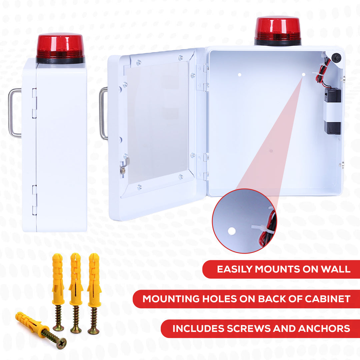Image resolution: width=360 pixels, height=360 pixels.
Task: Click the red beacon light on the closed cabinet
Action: point(60,47)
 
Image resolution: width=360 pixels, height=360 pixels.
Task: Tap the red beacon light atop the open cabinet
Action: point(278,29)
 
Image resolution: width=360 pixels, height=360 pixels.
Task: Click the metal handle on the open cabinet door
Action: point(103,113)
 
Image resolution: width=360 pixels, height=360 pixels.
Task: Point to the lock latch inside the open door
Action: point(124,166)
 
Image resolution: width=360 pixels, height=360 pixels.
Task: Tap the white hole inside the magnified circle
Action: point(232,231)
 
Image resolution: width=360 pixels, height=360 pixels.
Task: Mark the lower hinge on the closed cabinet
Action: point(34,200)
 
